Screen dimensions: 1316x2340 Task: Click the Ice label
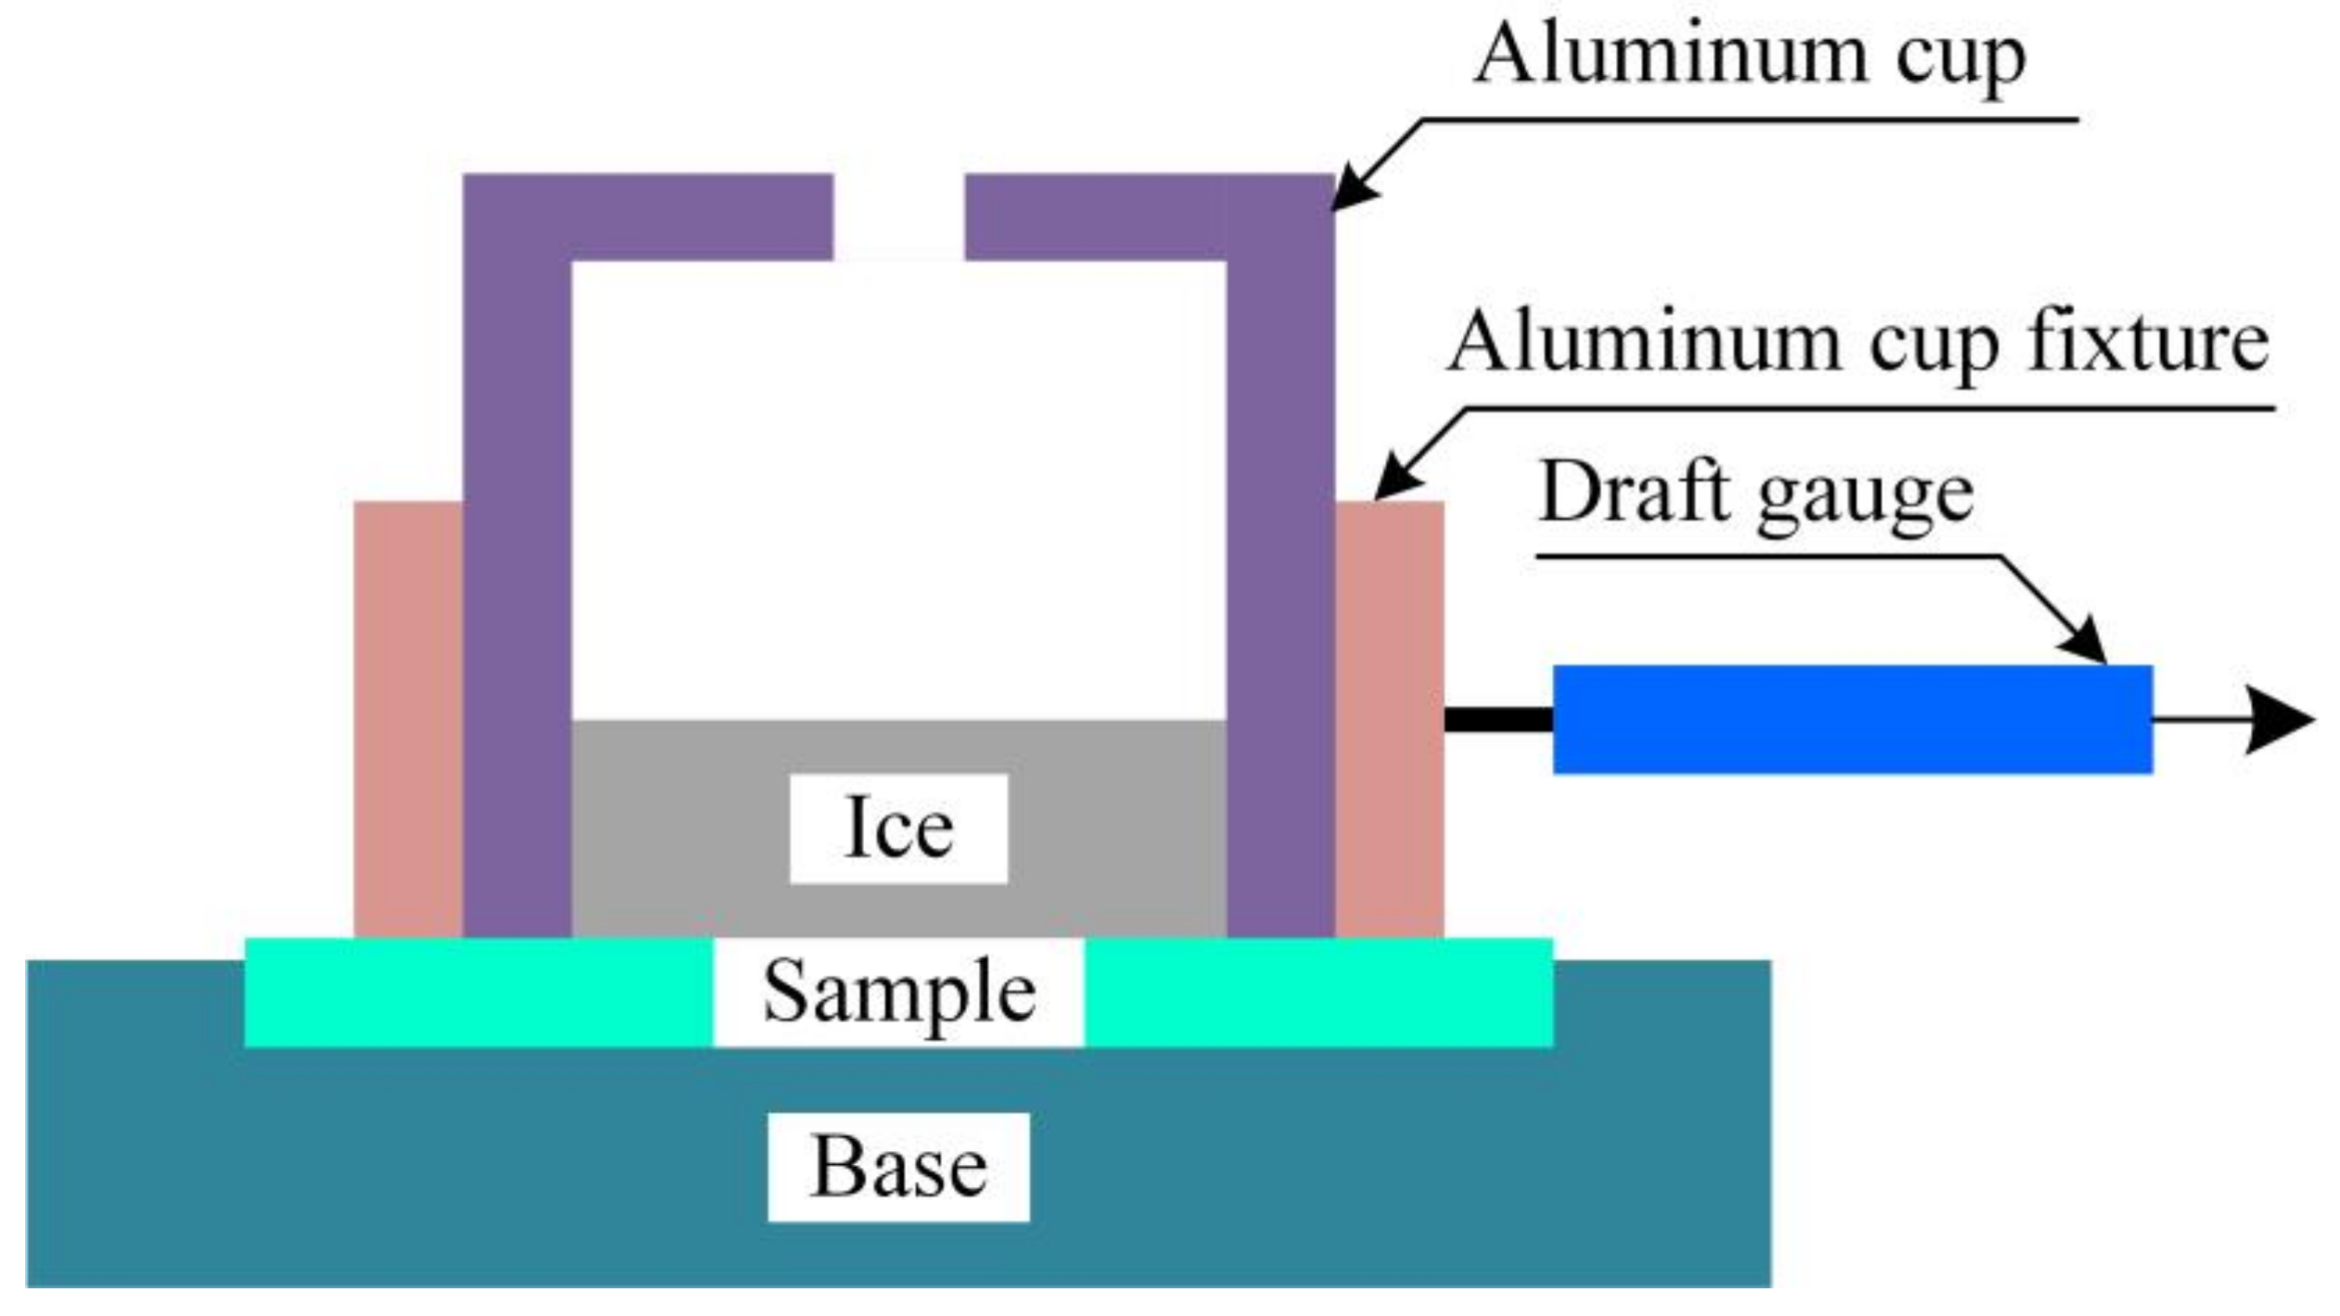[x=897, y=828]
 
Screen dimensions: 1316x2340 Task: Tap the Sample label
[x=897, y=993]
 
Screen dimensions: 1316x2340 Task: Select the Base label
[x=897, y=1167]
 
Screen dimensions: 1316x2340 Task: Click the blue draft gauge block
[x=1851, y=718]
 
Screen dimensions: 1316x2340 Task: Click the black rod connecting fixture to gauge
[x=1498, y=719]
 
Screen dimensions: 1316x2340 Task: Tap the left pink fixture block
[x=408, y=718]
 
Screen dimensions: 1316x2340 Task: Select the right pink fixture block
[x=1388, y=718]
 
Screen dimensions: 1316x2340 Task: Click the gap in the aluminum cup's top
[x=898, y=216]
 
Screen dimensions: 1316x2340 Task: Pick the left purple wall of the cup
[x=516, y=593]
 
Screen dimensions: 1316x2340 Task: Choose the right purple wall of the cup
[x=1280, y=593]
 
